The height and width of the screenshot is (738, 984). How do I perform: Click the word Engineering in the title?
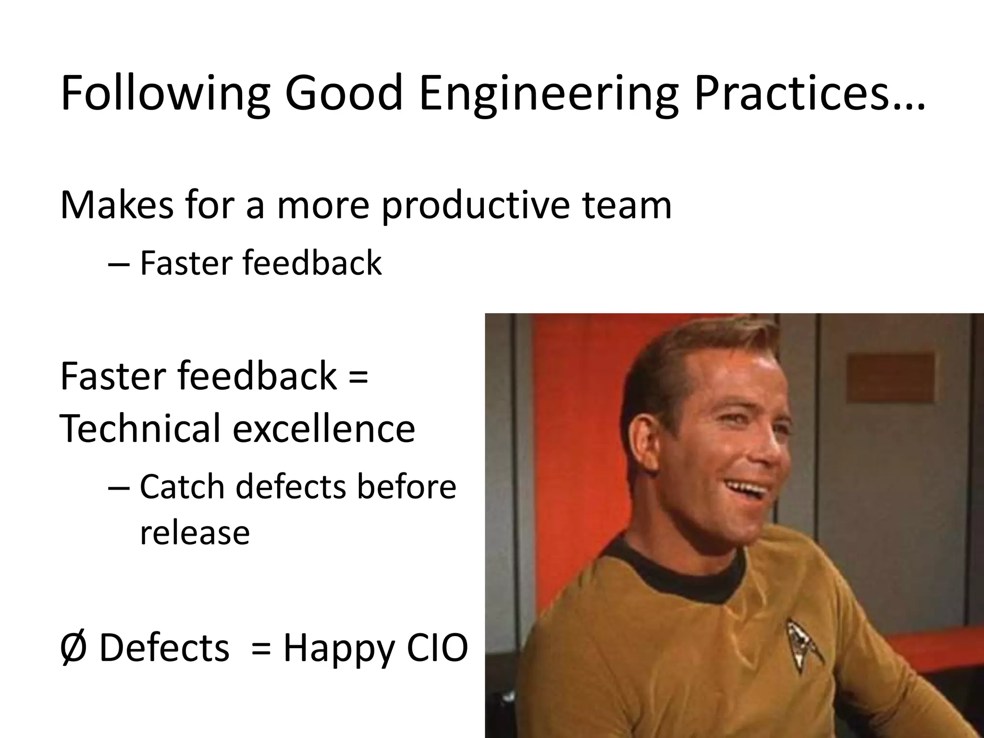click(x=548, y=95)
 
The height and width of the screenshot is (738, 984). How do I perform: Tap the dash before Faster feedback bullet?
click(x=118, y=264)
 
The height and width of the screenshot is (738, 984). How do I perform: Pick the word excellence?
click(x=324, y=429)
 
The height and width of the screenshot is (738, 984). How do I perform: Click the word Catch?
click(x=182, y=487)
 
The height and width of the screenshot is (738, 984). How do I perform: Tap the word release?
click(x=195, y=533)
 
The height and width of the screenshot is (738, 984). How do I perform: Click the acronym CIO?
click(x=437, y=648)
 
